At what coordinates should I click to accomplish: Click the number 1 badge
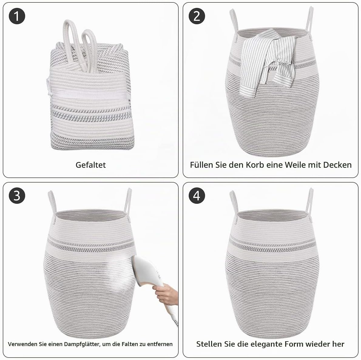coord(17,16)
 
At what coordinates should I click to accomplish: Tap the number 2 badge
coord(197,16)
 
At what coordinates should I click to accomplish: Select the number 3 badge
coord(17,196)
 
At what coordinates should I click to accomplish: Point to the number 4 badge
coord(197,196)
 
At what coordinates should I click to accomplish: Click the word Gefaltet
coord(90,165)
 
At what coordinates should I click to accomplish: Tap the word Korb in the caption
coord(255,165)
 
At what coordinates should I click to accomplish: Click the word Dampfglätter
coord(82,344)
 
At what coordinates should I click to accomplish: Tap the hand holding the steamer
coord(165,294)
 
